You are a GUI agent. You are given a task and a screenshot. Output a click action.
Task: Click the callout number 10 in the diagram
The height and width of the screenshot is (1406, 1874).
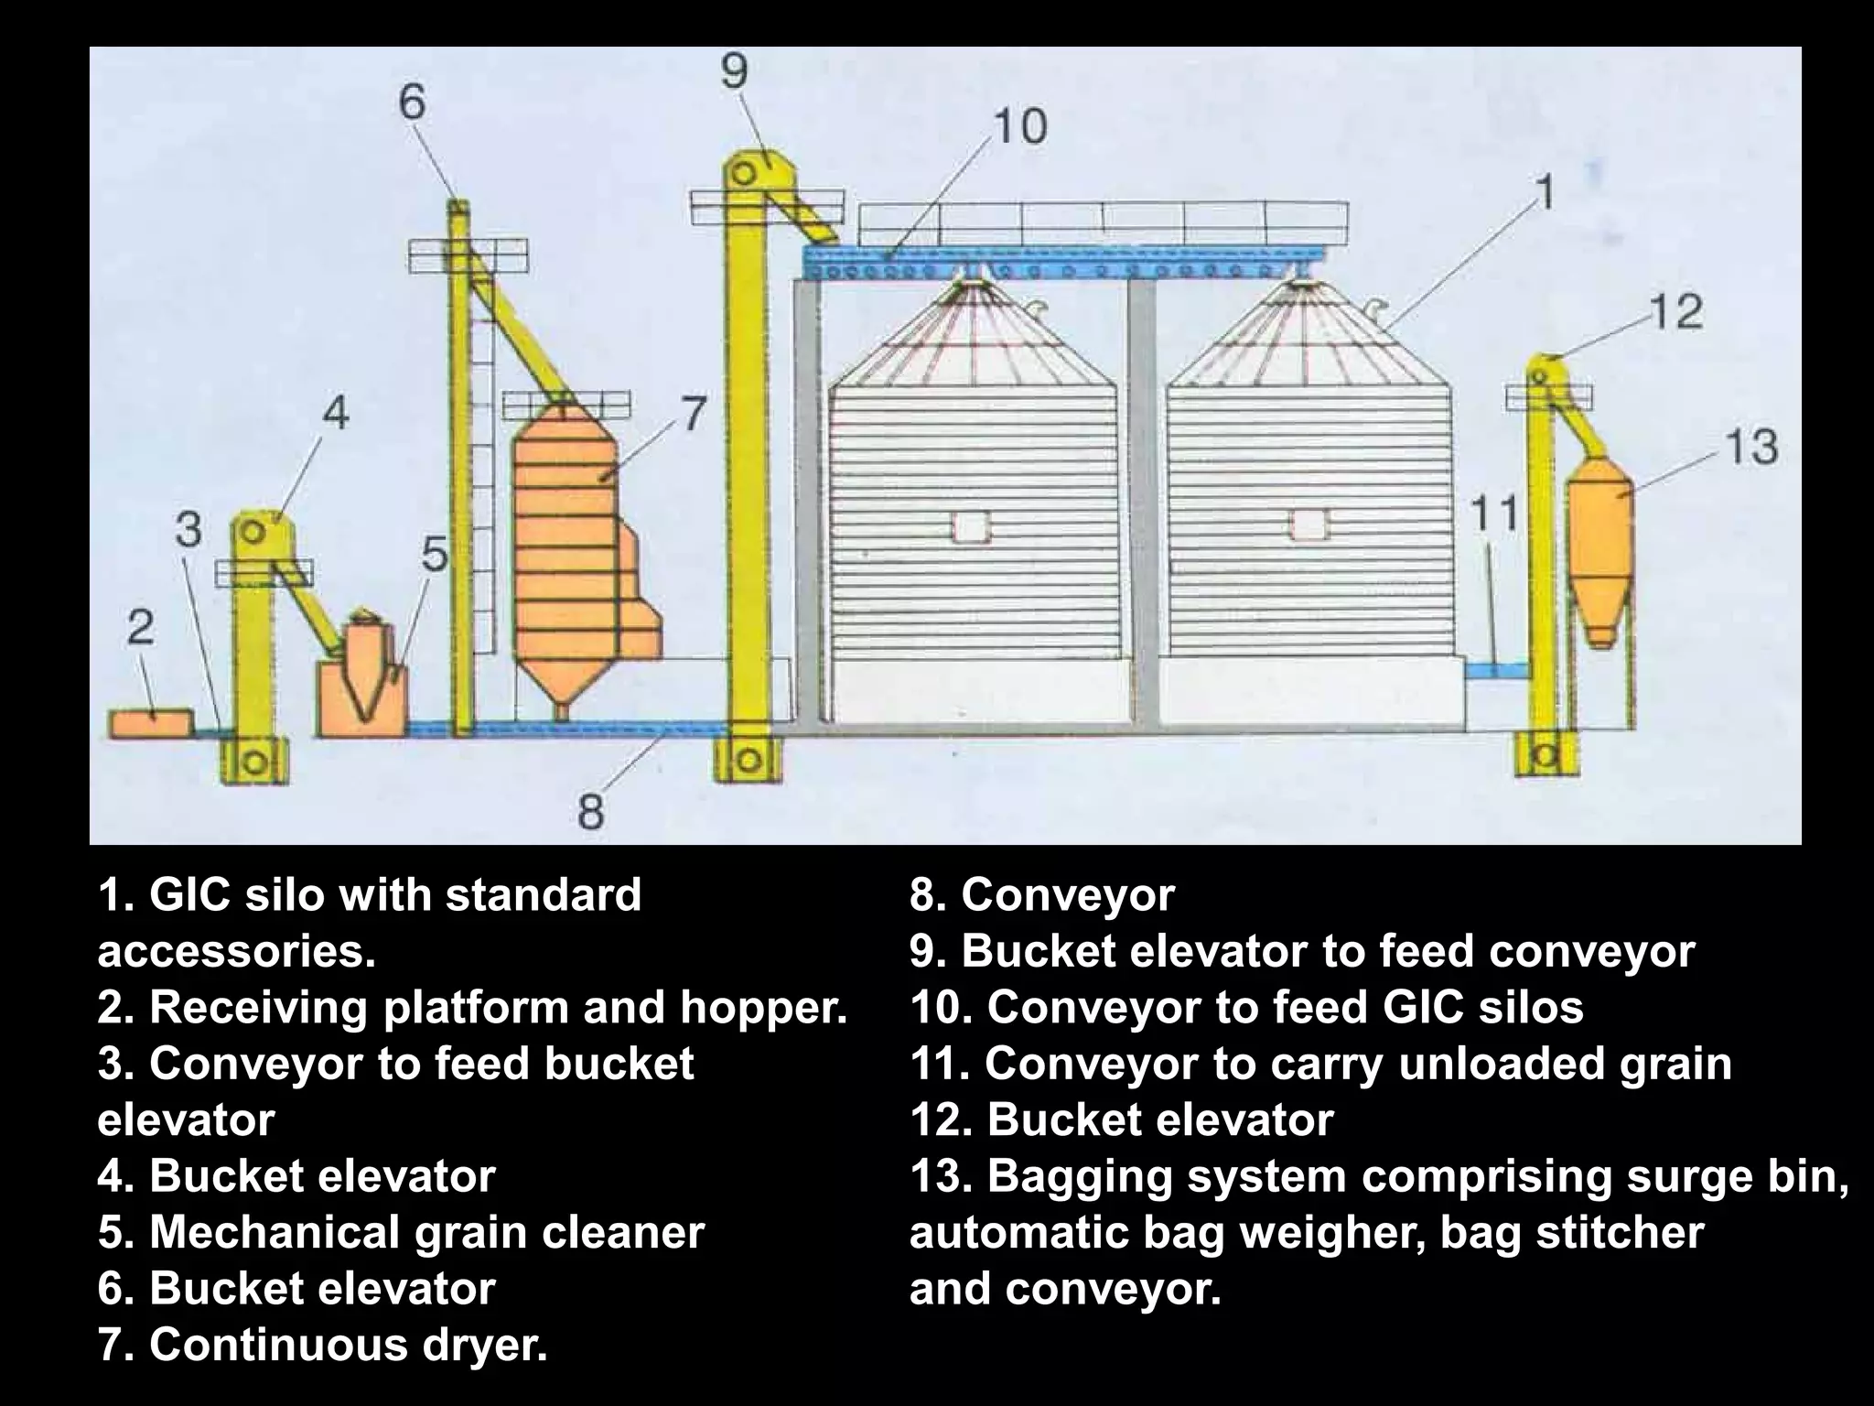pos(1019,126)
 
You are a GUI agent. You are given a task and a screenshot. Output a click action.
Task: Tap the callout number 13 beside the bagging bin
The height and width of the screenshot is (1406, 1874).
pos(1750,448)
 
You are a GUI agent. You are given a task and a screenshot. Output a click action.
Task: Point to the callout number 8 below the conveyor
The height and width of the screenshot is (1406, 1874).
pos(591,811)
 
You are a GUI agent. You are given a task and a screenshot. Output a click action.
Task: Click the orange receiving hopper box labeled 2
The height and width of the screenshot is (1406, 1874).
pos(151,722)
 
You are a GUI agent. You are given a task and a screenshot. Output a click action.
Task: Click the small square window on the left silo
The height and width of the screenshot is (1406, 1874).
pos(970,528)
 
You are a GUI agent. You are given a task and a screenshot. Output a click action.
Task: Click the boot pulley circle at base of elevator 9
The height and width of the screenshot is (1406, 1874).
pos(749,759)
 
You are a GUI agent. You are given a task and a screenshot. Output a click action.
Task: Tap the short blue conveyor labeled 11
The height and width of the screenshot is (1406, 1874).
pos(1496,670)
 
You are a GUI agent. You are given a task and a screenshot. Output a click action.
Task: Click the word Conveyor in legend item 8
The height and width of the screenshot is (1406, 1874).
pos(1067,895)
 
